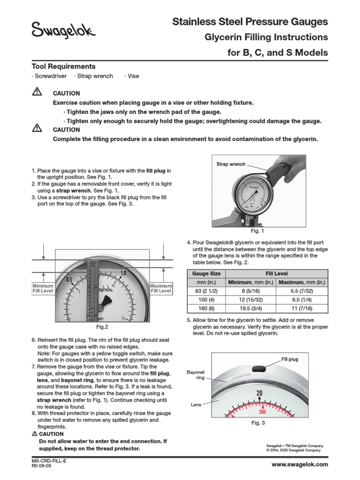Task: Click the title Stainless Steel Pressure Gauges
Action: coord(250,22)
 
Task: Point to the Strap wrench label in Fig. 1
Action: coord(231,165)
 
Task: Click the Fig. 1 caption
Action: coord(257,231)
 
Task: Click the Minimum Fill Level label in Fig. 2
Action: coord(43,288)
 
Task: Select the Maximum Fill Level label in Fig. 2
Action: coord(161,288)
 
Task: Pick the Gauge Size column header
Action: coord(207,273)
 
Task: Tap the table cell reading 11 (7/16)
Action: coord(302,309)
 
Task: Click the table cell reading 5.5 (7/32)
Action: coord(302,291)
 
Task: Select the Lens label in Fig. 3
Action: coord(196,403)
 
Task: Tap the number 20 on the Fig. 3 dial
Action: coord(260,393)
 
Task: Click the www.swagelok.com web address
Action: coord(300,464)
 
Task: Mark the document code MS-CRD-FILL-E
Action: coord(49,461)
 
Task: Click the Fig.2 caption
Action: coord(102,327)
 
